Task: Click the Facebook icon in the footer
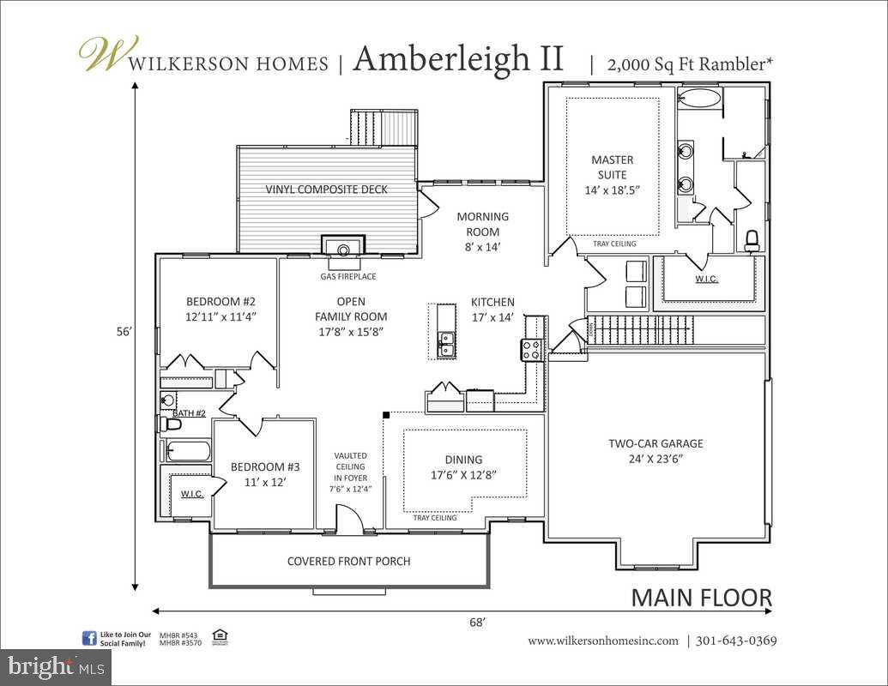pyautogui.click(x=88, y=638)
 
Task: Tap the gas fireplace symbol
pyautogui.click(x=342, y=249)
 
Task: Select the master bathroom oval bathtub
pyautogui.click(x=699, y=99)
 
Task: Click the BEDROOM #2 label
pyautogui.click(x=221, y=309)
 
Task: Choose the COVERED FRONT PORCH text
pyautogui.click(x=348, y=562)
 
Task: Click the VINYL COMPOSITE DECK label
pyautogui.click(x=326, y=190)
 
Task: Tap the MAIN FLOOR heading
pyautogui.click(x=701, y=598)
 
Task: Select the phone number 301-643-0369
pyautogui.click(x=736, y=641)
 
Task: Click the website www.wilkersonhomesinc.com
pyautogui.click(x=602, y=641)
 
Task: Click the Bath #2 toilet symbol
pyautogui.click(x=172, y=424)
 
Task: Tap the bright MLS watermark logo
pyautogui.click(x=56, y=665)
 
